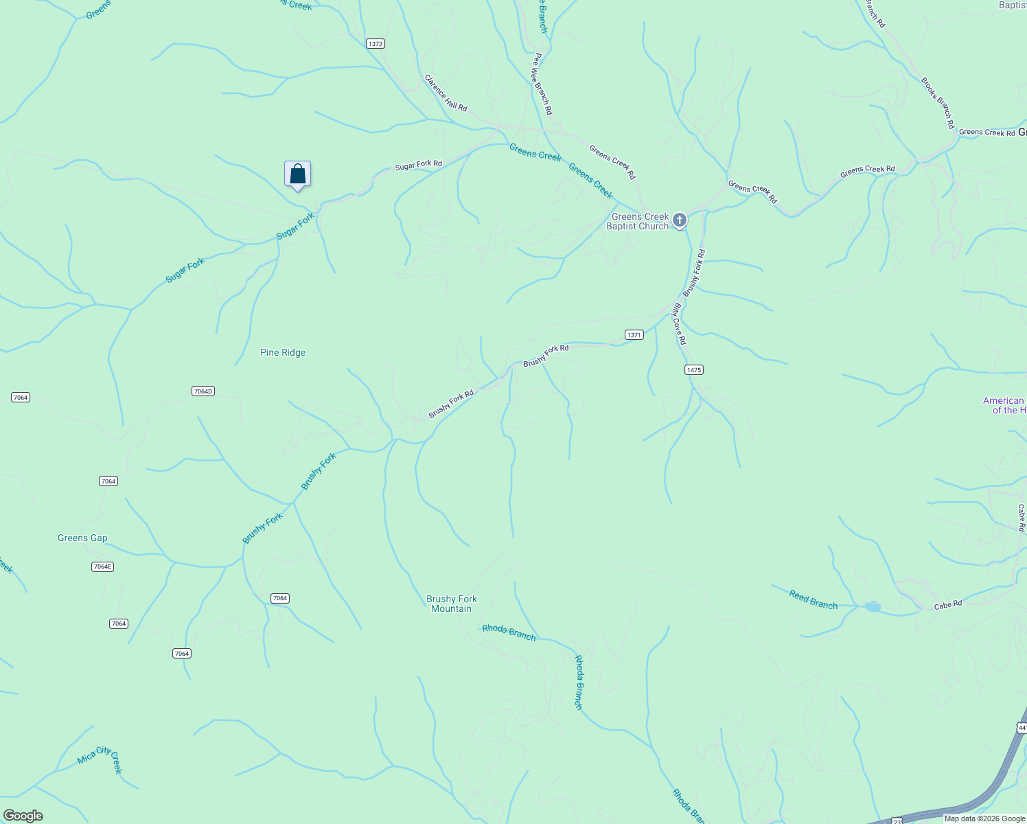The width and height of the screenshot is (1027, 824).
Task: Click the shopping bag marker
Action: pos(297,174)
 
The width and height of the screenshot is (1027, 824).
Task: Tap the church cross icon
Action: pos(679,220)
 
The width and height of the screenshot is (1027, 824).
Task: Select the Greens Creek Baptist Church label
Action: pos(639,221)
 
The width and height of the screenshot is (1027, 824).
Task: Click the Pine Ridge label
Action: pos(283,353)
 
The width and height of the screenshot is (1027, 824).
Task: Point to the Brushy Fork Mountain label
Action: pos(451,604)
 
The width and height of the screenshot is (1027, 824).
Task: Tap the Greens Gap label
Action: pos(82,538)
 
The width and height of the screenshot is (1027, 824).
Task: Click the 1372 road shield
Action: pos(376,44)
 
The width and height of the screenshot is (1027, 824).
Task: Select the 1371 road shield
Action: pos(634,335)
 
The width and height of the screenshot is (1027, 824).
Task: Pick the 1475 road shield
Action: pos(694,370)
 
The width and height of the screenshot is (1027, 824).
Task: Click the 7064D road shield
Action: pos(203,391)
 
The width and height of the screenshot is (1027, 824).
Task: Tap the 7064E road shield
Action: pos(102,566)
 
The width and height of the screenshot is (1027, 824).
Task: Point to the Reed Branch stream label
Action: pos(813,600)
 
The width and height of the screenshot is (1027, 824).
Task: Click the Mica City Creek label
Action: pos(100,758)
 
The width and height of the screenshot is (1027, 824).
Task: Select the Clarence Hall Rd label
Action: pos(446,93)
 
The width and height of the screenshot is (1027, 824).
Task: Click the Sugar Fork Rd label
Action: pos(418,165)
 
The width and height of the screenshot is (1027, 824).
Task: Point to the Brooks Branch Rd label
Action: pos(938,103)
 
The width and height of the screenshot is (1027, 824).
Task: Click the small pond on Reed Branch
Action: pos(873,607)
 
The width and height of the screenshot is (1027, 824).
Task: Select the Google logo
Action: pos(23,816)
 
